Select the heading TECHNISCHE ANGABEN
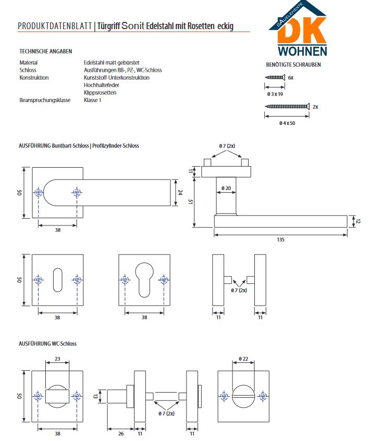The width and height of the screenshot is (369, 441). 45,52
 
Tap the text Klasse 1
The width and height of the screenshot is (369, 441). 92,100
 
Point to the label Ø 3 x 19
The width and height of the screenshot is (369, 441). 275,94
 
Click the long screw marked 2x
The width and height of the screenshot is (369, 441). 287,106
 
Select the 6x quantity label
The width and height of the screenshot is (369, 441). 291,77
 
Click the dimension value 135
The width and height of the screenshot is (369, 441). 280,240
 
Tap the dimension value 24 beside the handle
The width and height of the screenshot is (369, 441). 180,192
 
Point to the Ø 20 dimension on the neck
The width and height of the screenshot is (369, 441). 226,187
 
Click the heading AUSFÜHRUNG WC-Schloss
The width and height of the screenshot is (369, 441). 47,344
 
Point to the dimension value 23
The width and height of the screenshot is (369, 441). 57,358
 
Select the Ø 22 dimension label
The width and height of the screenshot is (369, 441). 243,359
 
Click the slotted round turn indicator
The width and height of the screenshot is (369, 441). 243,396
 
